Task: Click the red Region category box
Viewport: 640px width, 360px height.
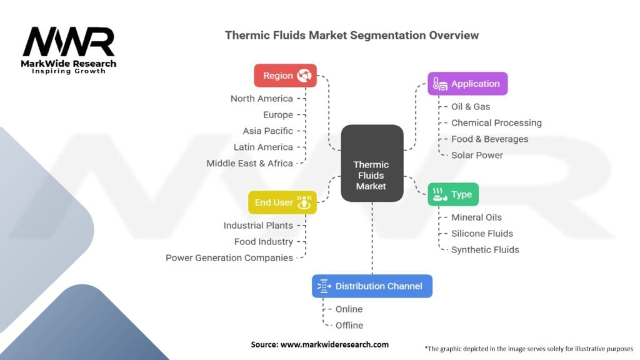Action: tap(285, 76)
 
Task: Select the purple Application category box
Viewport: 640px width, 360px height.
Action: tap(467, 84)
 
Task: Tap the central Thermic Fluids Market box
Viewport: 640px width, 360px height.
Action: tap(372, 163)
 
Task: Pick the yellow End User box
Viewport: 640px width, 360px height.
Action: tap(282, 202)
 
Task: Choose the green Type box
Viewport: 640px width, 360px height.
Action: tap(453, 194)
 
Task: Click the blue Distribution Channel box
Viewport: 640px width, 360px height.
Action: tap(372, 286)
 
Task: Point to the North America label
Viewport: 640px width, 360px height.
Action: tap(261, 99)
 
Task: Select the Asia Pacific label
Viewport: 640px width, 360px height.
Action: tap(267, 131)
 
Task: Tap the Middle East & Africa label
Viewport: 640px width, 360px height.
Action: tap(249, 164)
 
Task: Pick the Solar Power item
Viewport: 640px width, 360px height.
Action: tap(477, 156)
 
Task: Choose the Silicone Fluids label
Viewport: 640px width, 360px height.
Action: tap(482, 234)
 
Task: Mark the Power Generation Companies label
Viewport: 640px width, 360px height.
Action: tap(229, 258)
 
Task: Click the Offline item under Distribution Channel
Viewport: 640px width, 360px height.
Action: tap(349, 326)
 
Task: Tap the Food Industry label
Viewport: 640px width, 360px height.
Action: tap(263, 242)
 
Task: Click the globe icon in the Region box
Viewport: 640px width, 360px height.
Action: tap(304, 76)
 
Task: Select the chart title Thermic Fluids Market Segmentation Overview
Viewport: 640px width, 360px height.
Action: tap(352, 36)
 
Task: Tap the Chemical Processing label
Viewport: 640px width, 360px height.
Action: tap(496, 123)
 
